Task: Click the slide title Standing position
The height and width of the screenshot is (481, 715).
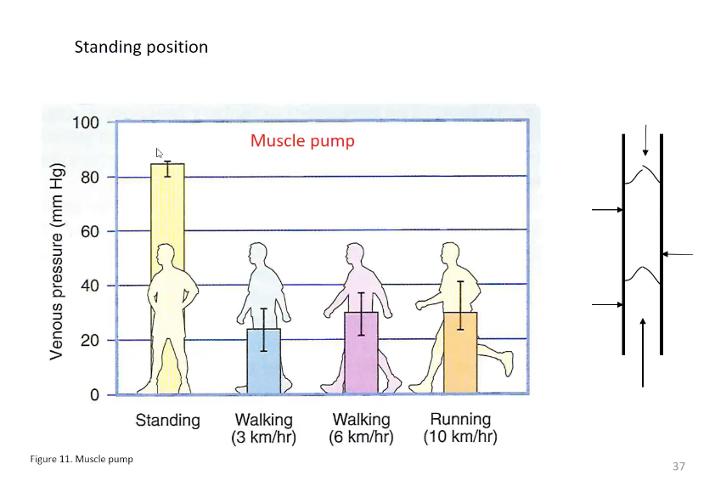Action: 141,47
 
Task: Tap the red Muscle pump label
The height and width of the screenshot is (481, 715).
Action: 302,140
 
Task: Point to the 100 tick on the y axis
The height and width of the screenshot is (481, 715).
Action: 85,122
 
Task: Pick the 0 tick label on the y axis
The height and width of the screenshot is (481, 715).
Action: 95,394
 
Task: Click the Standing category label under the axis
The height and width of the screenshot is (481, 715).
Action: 167,421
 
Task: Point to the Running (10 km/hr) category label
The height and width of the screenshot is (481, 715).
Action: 460,428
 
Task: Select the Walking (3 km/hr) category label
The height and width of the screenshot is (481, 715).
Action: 263,428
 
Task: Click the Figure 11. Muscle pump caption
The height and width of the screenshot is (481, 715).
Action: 82,459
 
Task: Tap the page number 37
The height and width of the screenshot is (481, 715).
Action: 678,466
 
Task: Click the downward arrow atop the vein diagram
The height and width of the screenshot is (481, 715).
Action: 645,140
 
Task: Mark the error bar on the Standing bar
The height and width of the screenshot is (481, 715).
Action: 167,168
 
